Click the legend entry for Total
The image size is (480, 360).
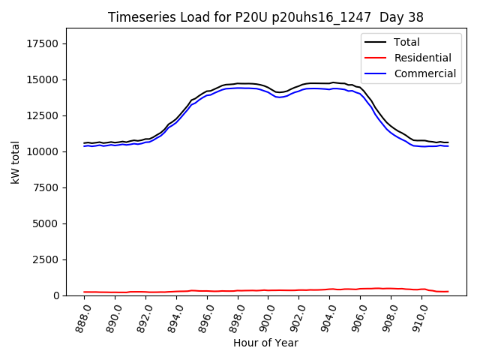click(407, 43)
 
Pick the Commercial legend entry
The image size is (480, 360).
click(425, 73)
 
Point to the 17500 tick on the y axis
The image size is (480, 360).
click(43, 43)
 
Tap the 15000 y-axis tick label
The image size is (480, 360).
click(43, 79)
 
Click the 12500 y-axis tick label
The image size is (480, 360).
click(43, 115)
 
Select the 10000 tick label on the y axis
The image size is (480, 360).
click(43, 151)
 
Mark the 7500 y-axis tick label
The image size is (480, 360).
click(46, 187)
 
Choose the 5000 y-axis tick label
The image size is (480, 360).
click(46, 223)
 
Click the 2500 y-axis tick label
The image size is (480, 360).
click(46, 259)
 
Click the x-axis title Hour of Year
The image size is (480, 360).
click(265, 343)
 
